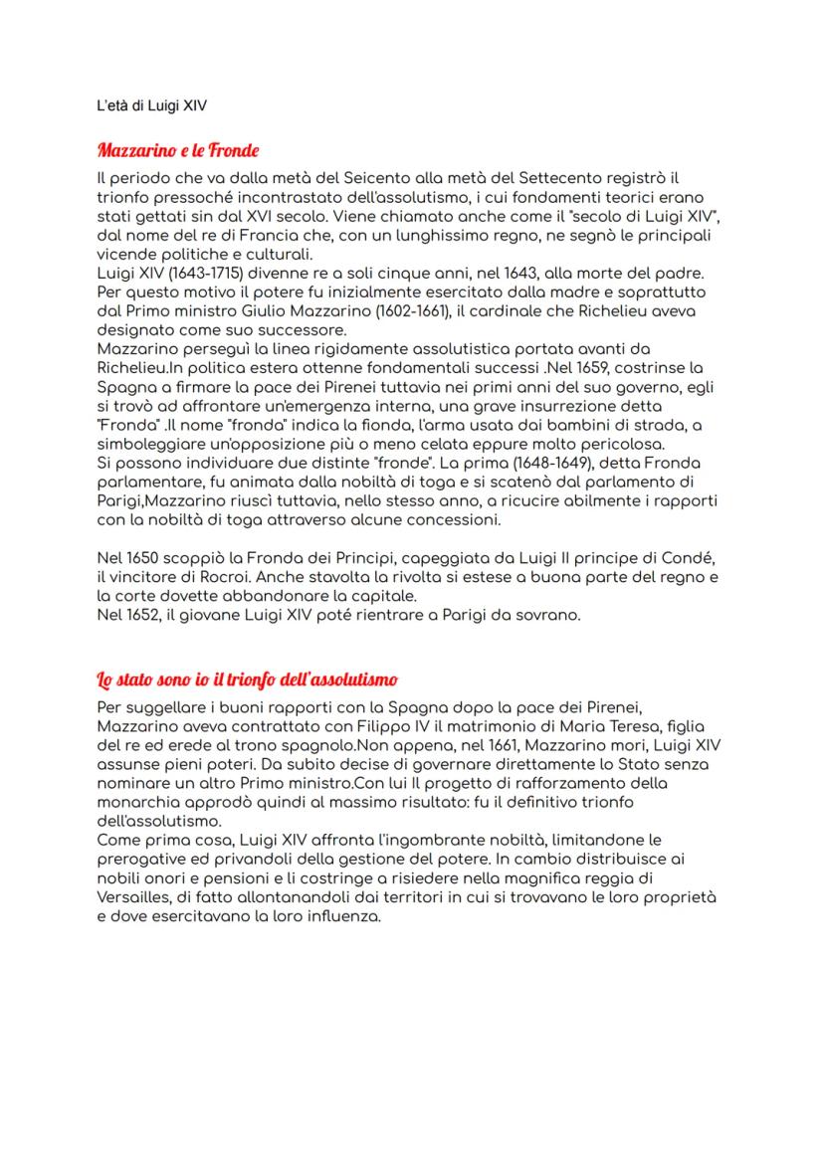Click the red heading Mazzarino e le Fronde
[x=177, y=151]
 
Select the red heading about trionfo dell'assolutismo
[x=248, y=679]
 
